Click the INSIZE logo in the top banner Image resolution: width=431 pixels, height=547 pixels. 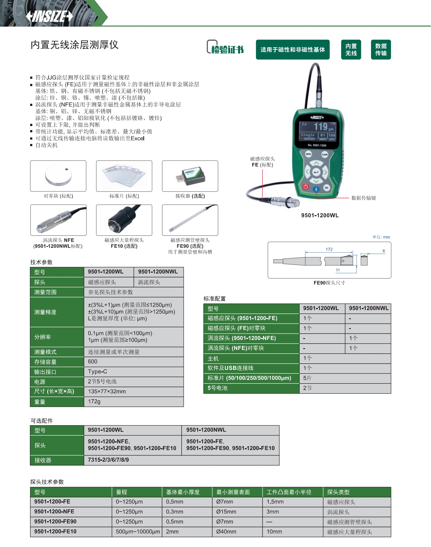click(49, 16)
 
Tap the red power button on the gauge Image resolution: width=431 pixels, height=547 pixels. click(306, 187)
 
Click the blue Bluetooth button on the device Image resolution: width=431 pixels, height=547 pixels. click(316, 189)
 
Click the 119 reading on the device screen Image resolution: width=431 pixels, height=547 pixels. click(321, 127)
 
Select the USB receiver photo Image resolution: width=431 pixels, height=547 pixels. click(190, 176)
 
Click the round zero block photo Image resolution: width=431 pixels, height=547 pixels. click(58, 176)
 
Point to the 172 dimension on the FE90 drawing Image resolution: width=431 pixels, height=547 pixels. click(329, 249)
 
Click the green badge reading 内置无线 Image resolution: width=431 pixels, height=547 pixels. click(351, 50)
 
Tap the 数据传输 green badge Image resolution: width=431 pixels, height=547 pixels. click(381, 50)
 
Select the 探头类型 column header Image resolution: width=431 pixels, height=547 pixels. click(338, 492)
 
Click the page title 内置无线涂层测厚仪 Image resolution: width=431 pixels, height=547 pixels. click(74, 45)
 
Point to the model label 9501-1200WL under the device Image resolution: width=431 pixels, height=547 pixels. click(320, 215)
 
